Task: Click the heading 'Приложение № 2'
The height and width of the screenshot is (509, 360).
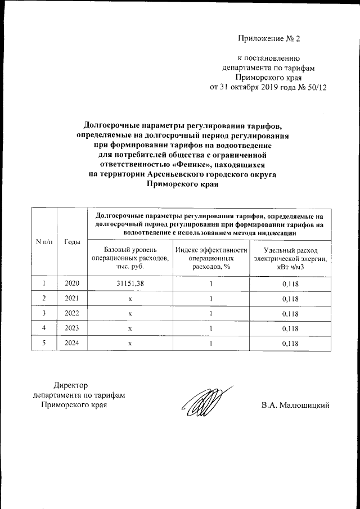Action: (269, 39)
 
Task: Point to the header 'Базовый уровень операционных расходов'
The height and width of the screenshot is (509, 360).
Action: (129, 257)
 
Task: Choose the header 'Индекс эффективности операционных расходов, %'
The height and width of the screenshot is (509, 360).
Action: (210, 257)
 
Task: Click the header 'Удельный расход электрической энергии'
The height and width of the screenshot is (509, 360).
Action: (290, 257)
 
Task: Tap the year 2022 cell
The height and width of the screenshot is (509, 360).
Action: (73, 313)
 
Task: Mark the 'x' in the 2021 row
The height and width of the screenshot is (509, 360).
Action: (129, 298)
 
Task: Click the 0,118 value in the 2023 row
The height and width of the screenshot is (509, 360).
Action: (290, 328)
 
